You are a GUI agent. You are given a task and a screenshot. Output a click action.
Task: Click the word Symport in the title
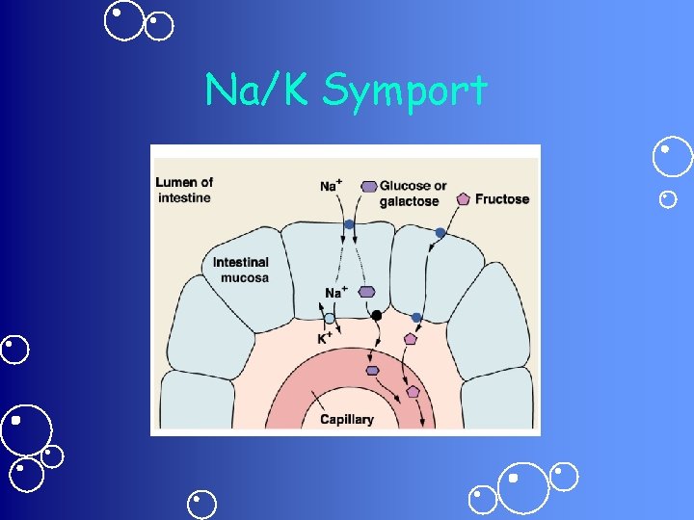[x=405, y=91]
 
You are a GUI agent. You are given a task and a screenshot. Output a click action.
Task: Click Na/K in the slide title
[x=258, y=91]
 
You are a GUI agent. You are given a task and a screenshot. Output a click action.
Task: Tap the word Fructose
[x=502, y=199]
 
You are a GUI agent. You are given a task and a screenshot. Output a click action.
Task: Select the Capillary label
[x=346, y=420]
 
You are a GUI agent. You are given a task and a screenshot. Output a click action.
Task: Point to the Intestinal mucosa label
[x=241, y=270]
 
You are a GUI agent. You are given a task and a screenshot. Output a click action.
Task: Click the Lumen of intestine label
[x=184, y=190]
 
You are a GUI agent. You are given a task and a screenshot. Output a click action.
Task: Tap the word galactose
[x=409, y=201]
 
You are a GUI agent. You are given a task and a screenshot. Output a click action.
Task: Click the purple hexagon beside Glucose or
[x=368, y=186]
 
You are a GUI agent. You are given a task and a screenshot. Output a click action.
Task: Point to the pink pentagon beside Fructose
[x=463, y=199]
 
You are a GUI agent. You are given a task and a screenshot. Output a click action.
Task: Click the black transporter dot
[x=377, y=316]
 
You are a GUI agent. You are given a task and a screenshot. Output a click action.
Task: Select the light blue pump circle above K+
[x=330, y=319]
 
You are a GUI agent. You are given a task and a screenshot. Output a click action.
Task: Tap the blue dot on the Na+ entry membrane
[x=349, y=223]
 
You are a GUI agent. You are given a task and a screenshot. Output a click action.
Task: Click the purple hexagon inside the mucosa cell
[x=366, y=292]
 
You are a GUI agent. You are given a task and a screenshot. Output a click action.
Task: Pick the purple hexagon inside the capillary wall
[x=372, y=370]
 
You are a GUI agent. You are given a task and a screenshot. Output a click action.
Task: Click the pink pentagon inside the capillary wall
[x=413, y=392]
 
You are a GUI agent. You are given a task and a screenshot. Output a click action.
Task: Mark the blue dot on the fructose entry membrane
[x=440, y=233]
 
